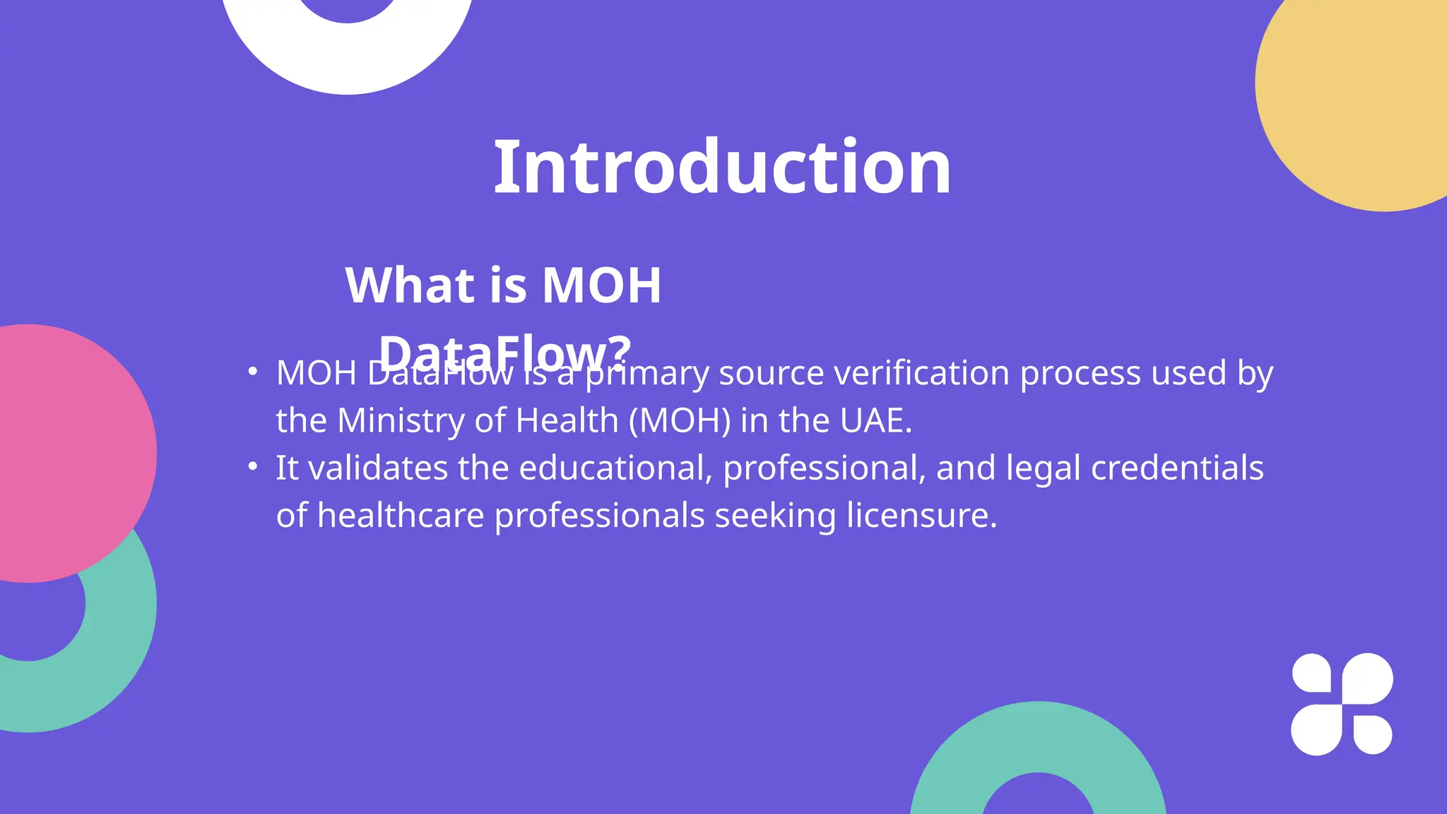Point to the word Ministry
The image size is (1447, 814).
pyautogui.click(x=401, y=420)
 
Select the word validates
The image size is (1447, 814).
pyautogui.click(x=378, y=468)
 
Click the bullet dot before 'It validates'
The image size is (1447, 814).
pyautogui.click(x=253, y=466)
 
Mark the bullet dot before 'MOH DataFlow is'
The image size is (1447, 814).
pyautogui.click(x=253, y=371)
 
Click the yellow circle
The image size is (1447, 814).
pyautogui.click(x=1364, y=92)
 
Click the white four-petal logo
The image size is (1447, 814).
pyautogui.click(x=1342, y=704)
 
